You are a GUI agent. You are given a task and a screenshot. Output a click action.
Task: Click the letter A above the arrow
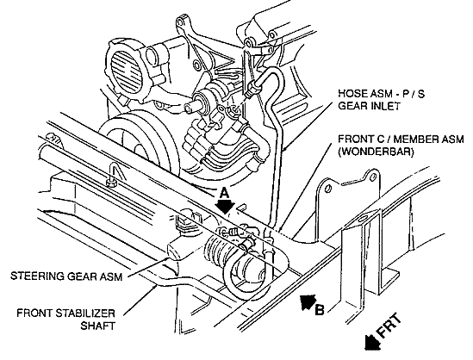click(223, 193)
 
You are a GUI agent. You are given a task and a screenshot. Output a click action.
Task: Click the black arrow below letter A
click(224, 206)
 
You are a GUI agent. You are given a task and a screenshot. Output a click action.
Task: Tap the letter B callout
click(320, 310)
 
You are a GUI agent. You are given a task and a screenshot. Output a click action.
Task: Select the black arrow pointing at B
click(308, 301)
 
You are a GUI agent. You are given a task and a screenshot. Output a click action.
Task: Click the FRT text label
click(389, 325)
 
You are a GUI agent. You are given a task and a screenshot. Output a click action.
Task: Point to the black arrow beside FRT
click(371, 342)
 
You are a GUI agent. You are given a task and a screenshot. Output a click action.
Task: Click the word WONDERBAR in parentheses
click(376, 152)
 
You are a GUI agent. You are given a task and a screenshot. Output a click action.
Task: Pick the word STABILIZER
click(85, 313)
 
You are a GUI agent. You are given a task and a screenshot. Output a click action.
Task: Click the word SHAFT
click(97, 326)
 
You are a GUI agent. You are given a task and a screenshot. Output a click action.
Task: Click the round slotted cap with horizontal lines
click(127, 71)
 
